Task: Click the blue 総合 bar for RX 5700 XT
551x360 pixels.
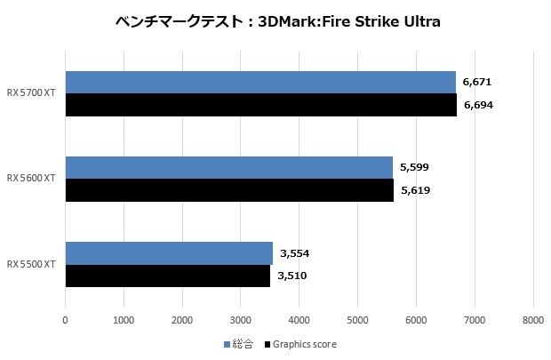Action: point(260,82)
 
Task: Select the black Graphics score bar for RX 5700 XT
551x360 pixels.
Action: point(260,105)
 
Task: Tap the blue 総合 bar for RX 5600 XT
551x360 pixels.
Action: point(228,167)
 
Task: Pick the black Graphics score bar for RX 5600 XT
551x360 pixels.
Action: point(229,190)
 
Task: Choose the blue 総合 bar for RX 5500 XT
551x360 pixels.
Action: point(169,253)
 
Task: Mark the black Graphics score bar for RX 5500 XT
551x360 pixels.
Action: point(167,276)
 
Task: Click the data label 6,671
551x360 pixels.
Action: point(477,82)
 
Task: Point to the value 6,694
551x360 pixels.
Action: point(478,105)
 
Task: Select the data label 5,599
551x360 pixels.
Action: point(414,167)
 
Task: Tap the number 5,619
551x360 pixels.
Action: point(415,190)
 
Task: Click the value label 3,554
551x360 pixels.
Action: point(294,253)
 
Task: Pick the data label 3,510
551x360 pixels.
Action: point(291,276)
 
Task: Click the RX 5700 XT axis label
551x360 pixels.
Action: point(31,92)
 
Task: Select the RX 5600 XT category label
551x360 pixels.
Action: point(31,179)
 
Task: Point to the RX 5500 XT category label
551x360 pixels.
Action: point(31,265)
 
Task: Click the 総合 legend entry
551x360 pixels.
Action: point(238,344)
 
